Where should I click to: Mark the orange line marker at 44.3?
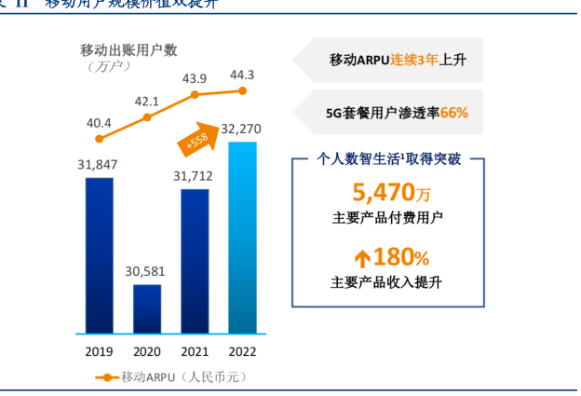(242, 90)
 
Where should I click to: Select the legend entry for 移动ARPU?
(170, 377)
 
